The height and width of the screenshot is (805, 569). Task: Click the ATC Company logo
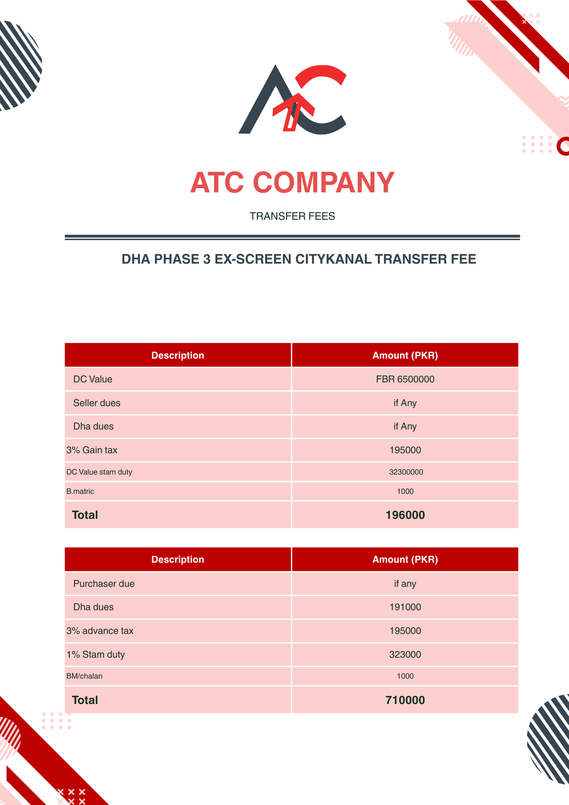293,99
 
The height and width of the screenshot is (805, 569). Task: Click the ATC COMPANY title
293,183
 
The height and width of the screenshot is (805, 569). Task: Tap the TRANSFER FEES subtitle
292,216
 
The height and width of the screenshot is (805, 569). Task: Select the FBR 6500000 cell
405,379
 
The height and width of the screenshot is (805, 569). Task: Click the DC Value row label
93,379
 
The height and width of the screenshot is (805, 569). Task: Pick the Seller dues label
97,403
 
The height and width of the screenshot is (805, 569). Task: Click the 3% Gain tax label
92,450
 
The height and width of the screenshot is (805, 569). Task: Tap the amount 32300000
406,472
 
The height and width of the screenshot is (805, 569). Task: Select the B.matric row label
80,491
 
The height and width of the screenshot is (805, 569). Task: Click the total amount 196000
405,515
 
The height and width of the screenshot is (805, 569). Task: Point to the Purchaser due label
104,584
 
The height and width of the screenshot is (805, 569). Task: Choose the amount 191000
405,607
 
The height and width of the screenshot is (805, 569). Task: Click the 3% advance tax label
100,631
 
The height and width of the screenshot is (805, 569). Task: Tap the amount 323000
405,654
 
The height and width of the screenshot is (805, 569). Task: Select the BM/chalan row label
84,676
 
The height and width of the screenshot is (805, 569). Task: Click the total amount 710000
405,700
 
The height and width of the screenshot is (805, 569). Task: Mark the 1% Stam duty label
96,654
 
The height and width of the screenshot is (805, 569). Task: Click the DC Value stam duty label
99,472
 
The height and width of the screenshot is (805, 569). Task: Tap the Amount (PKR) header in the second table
405,559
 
